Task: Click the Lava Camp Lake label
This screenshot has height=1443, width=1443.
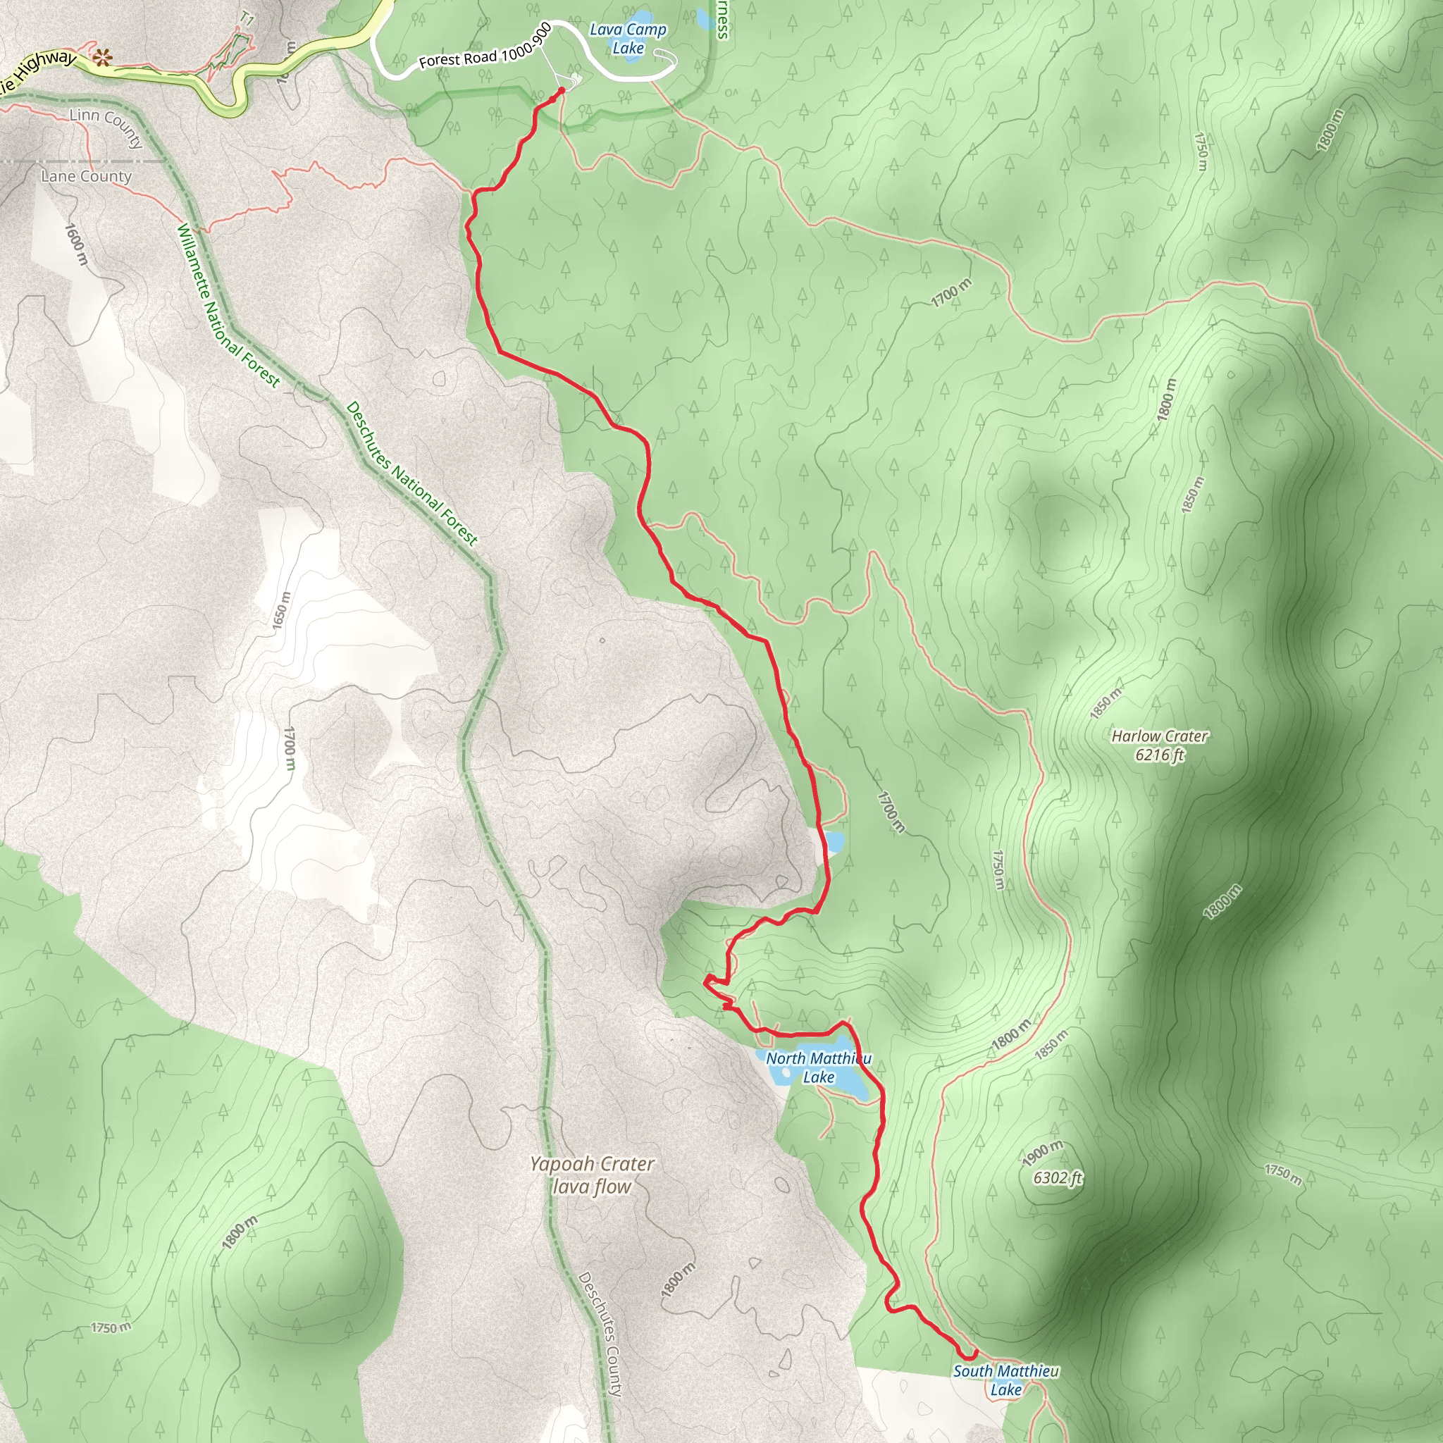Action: pos(627,39)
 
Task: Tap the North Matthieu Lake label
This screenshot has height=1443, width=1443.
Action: pos(818,1067)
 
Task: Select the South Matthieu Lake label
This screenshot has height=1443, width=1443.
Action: pos(1005,1380)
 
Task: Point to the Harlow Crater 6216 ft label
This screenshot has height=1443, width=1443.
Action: pos(1159,745)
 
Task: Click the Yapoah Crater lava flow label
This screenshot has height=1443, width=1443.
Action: pos(592,1175)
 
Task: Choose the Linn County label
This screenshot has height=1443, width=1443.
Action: pos(106,126)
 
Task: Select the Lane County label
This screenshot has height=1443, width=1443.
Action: pos(86,176)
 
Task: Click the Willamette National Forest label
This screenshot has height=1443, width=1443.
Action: pos(228,306)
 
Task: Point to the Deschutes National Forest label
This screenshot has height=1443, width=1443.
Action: pos(411,473)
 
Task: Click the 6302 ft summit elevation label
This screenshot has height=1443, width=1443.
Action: pos(1057,1178)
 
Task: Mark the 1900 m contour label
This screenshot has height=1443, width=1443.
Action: pos(1042,1154)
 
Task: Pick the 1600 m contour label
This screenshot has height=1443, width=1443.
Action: pos(75,244)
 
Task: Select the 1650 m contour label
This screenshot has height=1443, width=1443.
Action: pos(280,610)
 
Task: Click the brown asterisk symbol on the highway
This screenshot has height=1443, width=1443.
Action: pos(101,57)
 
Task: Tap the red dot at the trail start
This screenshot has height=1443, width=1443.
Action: pos(562,91)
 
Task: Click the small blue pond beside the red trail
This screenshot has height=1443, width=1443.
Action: pos(834,843)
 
